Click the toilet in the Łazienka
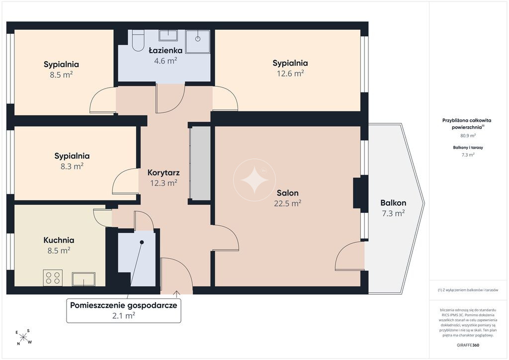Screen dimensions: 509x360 pyautogui.click(x=138, y=41)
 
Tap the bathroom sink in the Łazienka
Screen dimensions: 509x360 pyautogui.click(x=168, y=35)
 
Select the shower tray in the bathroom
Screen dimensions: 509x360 pyautogui.click(x=198, y=41)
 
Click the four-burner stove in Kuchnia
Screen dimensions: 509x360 pyautogui.click(x=53, y=278)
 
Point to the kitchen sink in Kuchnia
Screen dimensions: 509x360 pyautogui.click(x=84, y=279)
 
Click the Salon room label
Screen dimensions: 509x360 pyautogui.click(x=288, y=193)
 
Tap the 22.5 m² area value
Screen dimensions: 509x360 pyautogui.click(x=288, y=203)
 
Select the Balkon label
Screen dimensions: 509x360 pyautogui.click(x=393, y=203)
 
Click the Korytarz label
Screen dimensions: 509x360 pyautogui.click(x=164, y=173)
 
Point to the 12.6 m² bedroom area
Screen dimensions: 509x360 pyautogui.click(x=290, y=74)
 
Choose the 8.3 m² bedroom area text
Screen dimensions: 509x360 pyautogui.click(x=72, y=166)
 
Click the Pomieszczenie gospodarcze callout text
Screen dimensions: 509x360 pyautogui.click(x=124, y=305)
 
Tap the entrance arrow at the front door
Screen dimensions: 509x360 pyautogui.click(x=176, y=294)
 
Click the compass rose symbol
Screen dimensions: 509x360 pyautogui.click(x=23, y=337)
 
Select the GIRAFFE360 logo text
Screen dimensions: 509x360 pyautogui.click(x=468, y=345)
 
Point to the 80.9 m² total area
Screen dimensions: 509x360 pyautogui.click(x=468, y=136)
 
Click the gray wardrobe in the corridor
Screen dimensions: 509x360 pyautogui.click(x=200, y=163)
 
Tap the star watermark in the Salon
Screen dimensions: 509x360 pyautogui.click(x=254, y=180)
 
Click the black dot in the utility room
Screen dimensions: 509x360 pyautogui.click(x=142, y=242)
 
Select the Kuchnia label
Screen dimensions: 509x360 pyautogui.click(x=59, y=240)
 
